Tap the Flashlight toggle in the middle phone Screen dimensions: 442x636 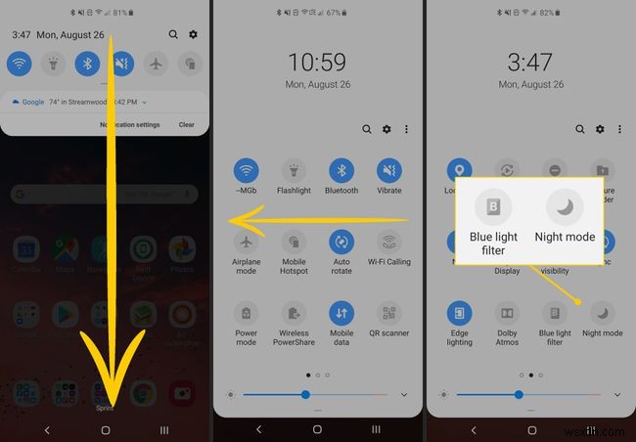(x=294, y=170)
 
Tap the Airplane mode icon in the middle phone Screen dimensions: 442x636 (x=247, y=242)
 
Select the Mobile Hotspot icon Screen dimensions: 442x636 (x=294, y=242)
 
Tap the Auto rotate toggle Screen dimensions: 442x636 (x=341, y=242)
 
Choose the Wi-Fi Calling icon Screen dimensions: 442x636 (x=389, y=242)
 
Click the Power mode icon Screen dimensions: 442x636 (x=247, y=313)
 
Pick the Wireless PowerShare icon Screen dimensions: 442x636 (x=294, y=313)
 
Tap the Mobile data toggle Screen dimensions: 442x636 (x=341, y=313)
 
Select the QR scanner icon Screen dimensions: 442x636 (x=389, y=313)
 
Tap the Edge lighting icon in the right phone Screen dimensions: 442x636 (x=460, y=313)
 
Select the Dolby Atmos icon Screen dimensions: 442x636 (x=508, y=313)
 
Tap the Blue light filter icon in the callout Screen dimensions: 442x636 (x=493, y=207)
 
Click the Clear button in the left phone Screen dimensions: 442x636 (x=186, y=125)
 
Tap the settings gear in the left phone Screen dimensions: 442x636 (x=193, y=34)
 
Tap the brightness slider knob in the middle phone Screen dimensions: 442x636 (x=305, y=394)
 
